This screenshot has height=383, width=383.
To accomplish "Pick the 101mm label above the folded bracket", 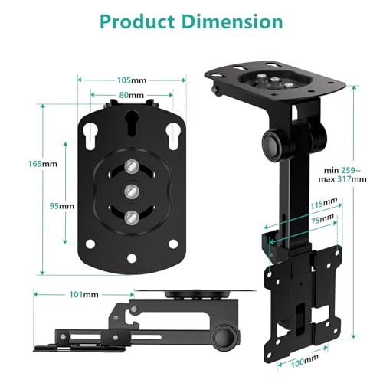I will (72, 293).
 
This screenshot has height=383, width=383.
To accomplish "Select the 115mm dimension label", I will (324, 203).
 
